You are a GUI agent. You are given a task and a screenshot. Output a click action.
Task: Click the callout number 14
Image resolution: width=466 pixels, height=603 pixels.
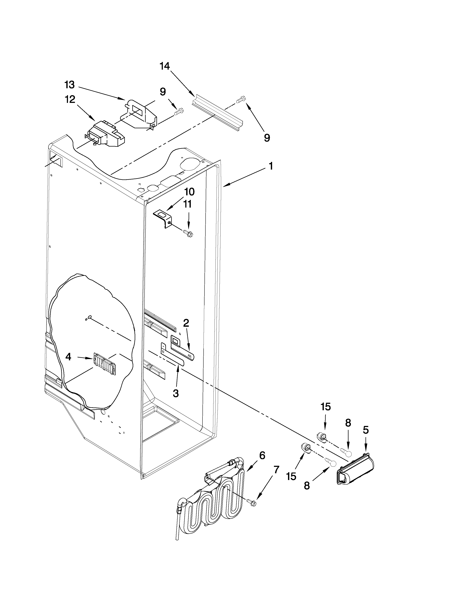pyautogui.click(x=165, y=66)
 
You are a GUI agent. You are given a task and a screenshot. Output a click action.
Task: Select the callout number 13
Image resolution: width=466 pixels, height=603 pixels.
pyautogui.click(x=70, y=85)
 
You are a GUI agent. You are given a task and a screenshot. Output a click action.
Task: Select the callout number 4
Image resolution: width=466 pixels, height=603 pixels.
pyautogui.click(x=68, y=357)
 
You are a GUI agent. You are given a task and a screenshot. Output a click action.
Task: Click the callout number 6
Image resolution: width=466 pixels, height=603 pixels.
pyautogui.click(x=262, y=455)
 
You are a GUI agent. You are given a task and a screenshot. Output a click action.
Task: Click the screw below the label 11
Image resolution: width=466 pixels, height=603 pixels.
pyautogui.click(x=189, y=234)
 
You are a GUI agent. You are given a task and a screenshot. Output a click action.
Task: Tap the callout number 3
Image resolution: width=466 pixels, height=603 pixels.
pyautogui.click(x=176, y=393)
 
